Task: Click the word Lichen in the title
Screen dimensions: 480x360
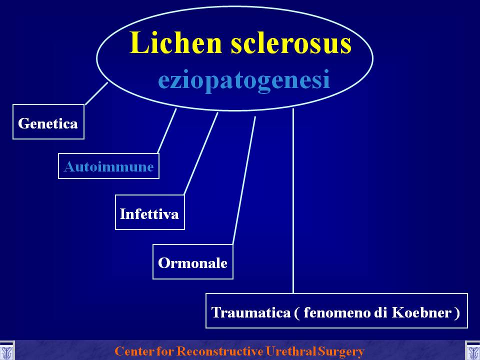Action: [175, 42]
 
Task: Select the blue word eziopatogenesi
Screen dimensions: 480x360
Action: [244, 80]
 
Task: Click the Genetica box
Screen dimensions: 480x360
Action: [48, 122]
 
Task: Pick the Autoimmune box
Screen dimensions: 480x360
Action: [108, 166]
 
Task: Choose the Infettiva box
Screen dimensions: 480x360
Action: [149, 212]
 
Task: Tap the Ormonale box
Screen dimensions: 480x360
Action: [193, 261]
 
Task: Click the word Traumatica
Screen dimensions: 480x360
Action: [251, 312]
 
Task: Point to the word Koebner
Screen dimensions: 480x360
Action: [421, 312]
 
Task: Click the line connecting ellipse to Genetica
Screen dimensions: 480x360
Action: [96, 93]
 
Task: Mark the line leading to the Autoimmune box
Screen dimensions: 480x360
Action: [167, 130]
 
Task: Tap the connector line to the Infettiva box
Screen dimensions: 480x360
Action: [201, 153]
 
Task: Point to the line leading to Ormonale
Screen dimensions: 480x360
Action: [244, 180]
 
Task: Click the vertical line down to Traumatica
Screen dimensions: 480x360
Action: [293, 201]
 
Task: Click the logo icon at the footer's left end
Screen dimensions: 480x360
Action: [6, 350]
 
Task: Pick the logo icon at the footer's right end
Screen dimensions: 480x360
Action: [472, 350]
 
